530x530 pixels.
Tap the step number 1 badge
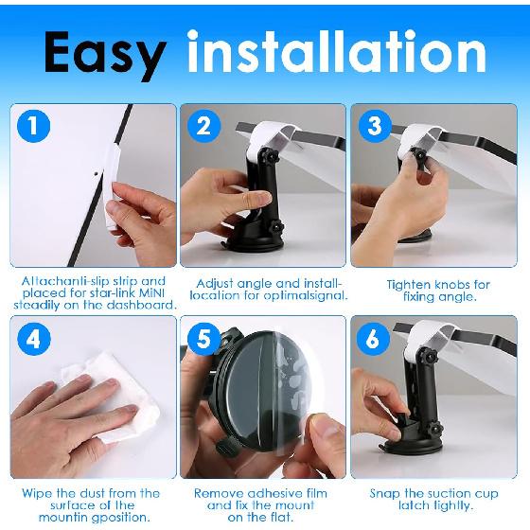point(33,126)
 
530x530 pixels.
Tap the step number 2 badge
point(203,126)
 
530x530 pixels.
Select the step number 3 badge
point(373,126)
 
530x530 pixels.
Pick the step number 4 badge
point(33,338)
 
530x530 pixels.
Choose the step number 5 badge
point(203,338)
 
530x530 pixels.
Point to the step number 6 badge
point(373,338)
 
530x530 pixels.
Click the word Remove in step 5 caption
point(217,493)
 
